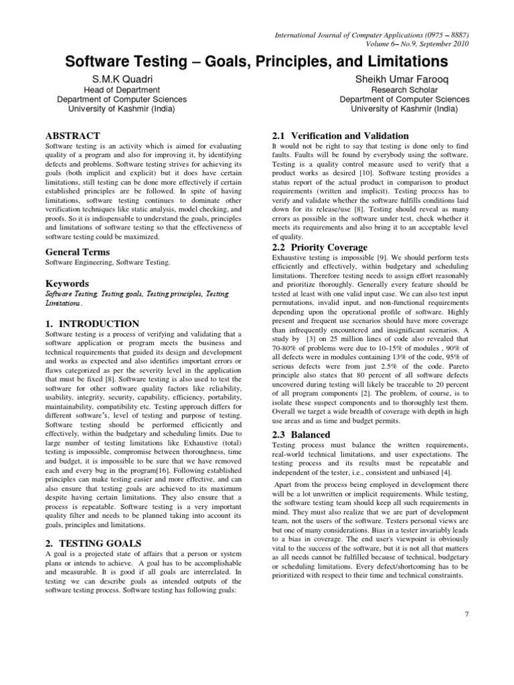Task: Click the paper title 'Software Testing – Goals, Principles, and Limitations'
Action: [x=256, y=62]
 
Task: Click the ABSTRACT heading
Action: [x=73, y=136]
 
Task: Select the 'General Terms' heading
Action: [x=76, y=252]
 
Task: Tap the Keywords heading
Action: [x=67, y=283]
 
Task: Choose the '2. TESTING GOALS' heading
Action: [x=93, y=543]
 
